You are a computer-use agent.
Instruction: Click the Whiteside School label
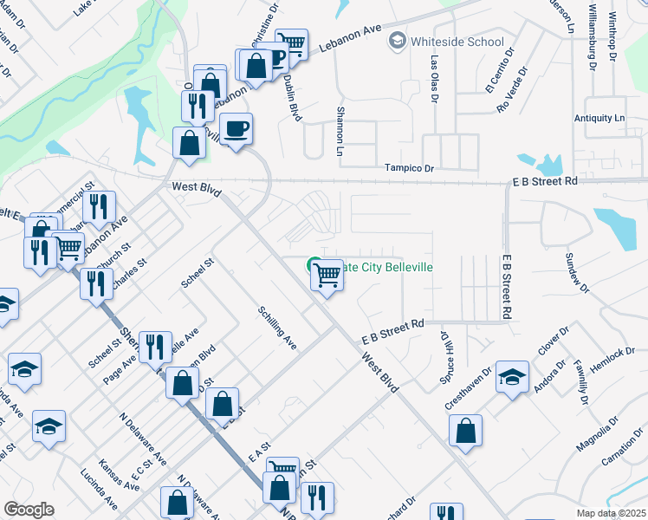(x=458, y=41)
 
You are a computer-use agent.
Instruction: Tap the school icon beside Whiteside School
(x=398, y=41)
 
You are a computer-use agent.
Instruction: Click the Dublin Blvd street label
(x=291, y=94)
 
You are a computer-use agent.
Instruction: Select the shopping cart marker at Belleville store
(x=327, y=275)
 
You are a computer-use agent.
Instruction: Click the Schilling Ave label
(x=277, y=328)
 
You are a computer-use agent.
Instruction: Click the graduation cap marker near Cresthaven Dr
(x=513, y=376)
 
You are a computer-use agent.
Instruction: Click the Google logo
(x=29, y=509)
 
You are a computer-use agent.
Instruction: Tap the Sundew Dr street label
(x=576, y=272)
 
